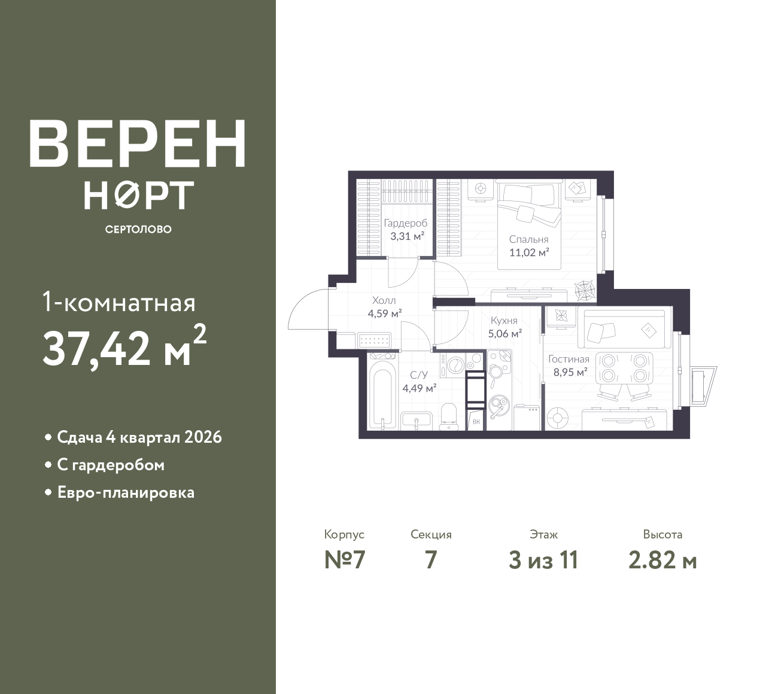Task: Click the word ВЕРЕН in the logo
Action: pyautogui.click(x=138, y=144)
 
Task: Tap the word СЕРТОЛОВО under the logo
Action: pyautogui.click(x=138, y=229)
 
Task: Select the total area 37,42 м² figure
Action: pyautogui.click(x=124, y=346)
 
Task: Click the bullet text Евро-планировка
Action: pyautogui.click(x=126, y=493)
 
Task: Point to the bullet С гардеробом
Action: pyautogui.click(x=111, y=465)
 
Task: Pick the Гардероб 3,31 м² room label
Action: pyautogui.click(x=406, y=229)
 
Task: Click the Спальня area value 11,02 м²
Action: pyautogui.click(x=529, y=252)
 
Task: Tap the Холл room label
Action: pyautogui.click(x=384, y=300)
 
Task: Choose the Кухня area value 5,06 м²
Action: pyautogui.click(x=505, y=334)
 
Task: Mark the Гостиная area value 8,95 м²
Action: pyautogui.click(x=570, y=372)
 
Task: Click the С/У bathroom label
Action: pyautogui.click(x=419, y=375)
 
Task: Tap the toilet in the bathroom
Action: pyautogui.click(x=449, y=417)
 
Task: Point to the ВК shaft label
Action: pyautogui.click(x=476, y=422)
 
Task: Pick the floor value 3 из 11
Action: pyautogui.click(x=543, y=561)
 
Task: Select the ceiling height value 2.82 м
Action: pyautogui.click(x=662, y=561)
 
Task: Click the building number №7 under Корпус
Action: pyautogui.click(x=345, y=561)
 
